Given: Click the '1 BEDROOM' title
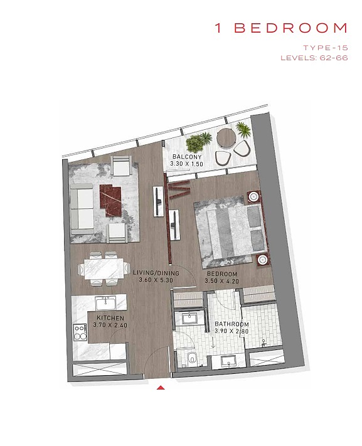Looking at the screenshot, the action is pos(281,28).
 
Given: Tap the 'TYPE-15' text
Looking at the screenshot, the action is pos(326,48).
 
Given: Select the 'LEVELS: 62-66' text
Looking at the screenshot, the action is pos(314,58).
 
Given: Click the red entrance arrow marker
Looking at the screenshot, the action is pos(161,387).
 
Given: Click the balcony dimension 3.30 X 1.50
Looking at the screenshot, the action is pos(187,164).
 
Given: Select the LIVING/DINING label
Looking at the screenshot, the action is pos(156,273).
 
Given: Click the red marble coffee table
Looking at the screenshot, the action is pos(111,200).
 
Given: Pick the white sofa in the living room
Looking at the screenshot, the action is pos(82,209).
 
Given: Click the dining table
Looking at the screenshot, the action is pos(104,268).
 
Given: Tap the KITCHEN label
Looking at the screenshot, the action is pos(110,317).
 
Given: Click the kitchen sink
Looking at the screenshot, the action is pos(105,303).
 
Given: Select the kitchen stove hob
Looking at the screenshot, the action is pos(80,332).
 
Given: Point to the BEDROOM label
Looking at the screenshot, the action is pos(222,274).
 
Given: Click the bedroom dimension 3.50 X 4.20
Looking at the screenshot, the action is pos(221,281).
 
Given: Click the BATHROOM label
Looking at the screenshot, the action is pos(232,324).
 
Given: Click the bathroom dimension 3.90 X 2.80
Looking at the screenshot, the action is pos(232,331).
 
